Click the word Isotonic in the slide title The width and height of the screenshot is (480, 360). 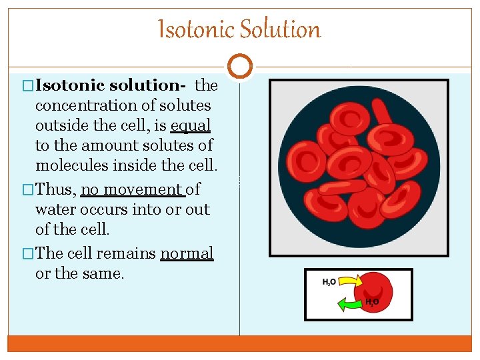[x=196, y=30]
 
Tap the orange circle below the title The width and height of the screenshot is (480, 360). [x=240, y=67]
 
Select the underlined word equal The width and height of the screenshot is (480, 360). [x=191, y=125]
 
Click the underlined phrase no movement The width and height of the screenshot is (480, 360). [x=133, y=190]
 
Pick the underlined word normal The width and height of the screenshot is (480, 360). [x=187, y=254]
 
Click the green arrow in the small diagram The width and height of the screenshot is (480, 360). [x=351, y=304]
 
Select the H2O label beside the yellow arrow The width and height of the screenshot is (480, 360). [x=329, y=282]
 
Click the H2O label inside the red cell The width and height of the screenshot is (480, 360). [x=372, y=302]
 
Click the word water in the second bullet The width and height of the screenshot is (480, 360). [x=55, y=210]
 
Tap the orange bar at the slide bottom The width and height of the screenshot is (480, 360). [x=240, y=343]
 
